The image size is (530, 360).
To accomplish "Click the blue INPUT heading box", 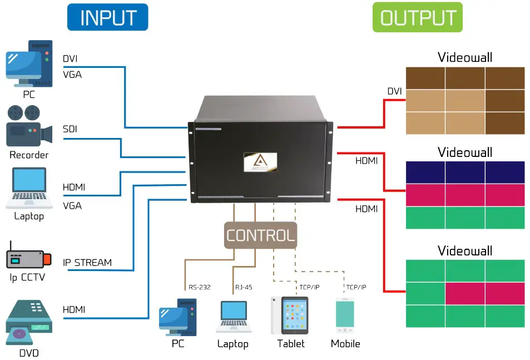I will tap(107, 17).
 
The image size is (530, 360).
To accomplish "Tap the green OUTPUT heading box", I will tap(417, 17).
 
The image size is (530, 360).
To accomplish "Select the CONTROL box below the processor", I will tap(260, 235).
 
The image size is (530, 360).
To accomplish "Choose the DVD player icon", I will tap(28, 323).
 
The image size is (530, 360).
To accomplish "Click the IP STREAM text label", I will tap(87, 262).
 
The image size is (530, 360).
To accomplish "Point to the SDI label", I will tap(70, 129).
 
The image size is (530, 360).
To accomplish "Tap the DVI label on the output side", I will tap(394, 91).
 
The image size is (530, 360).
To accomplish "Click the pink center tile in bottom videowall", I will tap(465, 293).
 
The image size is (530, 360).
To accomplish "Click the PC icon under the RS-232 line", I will tap(177, 317).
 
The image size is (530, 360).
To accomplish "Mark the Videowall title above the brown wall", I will tap(465, 57).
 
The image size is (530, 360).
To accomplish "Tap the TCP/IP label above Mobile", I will tap(356, 287).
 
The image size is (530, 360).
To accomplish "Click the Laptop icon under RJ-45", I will tap(233, 317).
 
